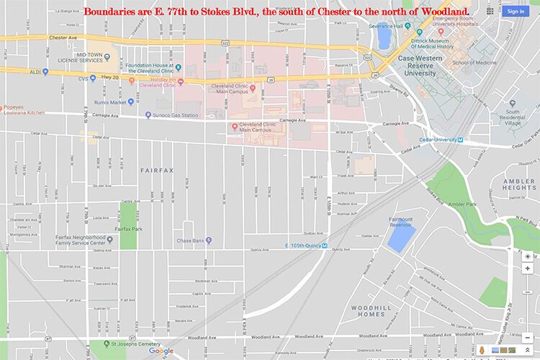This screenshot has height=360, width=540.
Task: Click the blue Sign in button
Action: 516,11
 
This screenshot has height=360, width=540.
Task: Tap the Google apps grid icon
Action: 490,11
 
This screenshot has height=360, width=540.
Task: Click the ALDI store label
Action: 34,71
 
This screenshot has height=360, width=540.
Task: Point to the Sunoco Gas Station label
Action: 175,115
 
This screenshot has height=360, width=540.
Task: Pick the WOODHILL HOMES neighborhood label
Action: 372,311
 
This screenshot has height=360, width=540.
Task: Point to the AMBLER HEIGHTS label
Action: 519,184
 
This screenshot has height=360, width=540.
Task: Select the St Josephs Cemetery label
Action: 133,344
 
